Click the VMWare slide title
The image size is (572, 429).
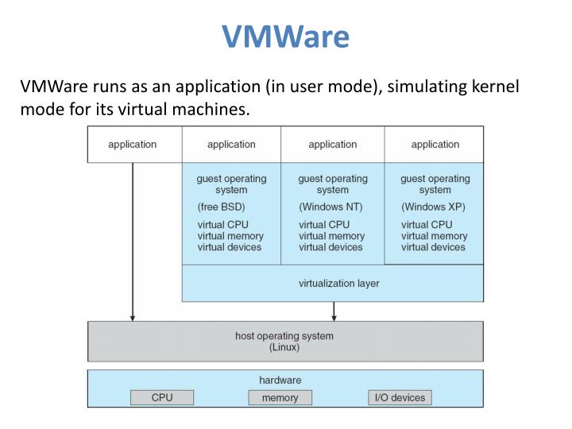click(286, 36)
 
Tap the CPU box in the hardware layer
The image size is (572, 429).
click(162, 397)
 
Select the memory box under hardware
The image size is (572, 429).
click(280, 397)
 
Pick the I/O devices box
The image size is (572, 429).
click(400, 397)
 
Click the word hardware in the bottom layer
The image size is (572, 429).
click(280, 380)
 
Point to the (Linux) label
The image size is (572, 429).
click(284, 347)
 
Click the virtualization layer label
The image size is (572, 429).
click(339, 284)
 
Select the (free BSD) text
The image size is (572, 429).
click(221, 207)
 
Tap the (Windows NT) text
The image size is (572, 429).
click(330, 207)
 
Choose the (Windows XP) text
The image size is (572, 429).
click(434, 207)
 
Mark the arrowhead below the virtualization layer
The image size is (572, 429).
click(334, 318)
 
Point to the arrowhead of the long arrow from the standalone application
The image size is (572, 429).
click(133, 318)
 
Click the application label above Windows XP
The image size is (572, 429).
click(435, 145)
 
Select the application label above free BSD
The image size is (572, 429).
click(231, 145)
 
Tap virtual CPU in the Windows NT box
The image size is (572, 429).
click(324, 225)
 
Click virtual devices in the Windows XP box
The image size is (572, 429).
click(434, 247)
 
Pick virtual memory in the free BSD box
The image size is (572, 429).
click(230, 236)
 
